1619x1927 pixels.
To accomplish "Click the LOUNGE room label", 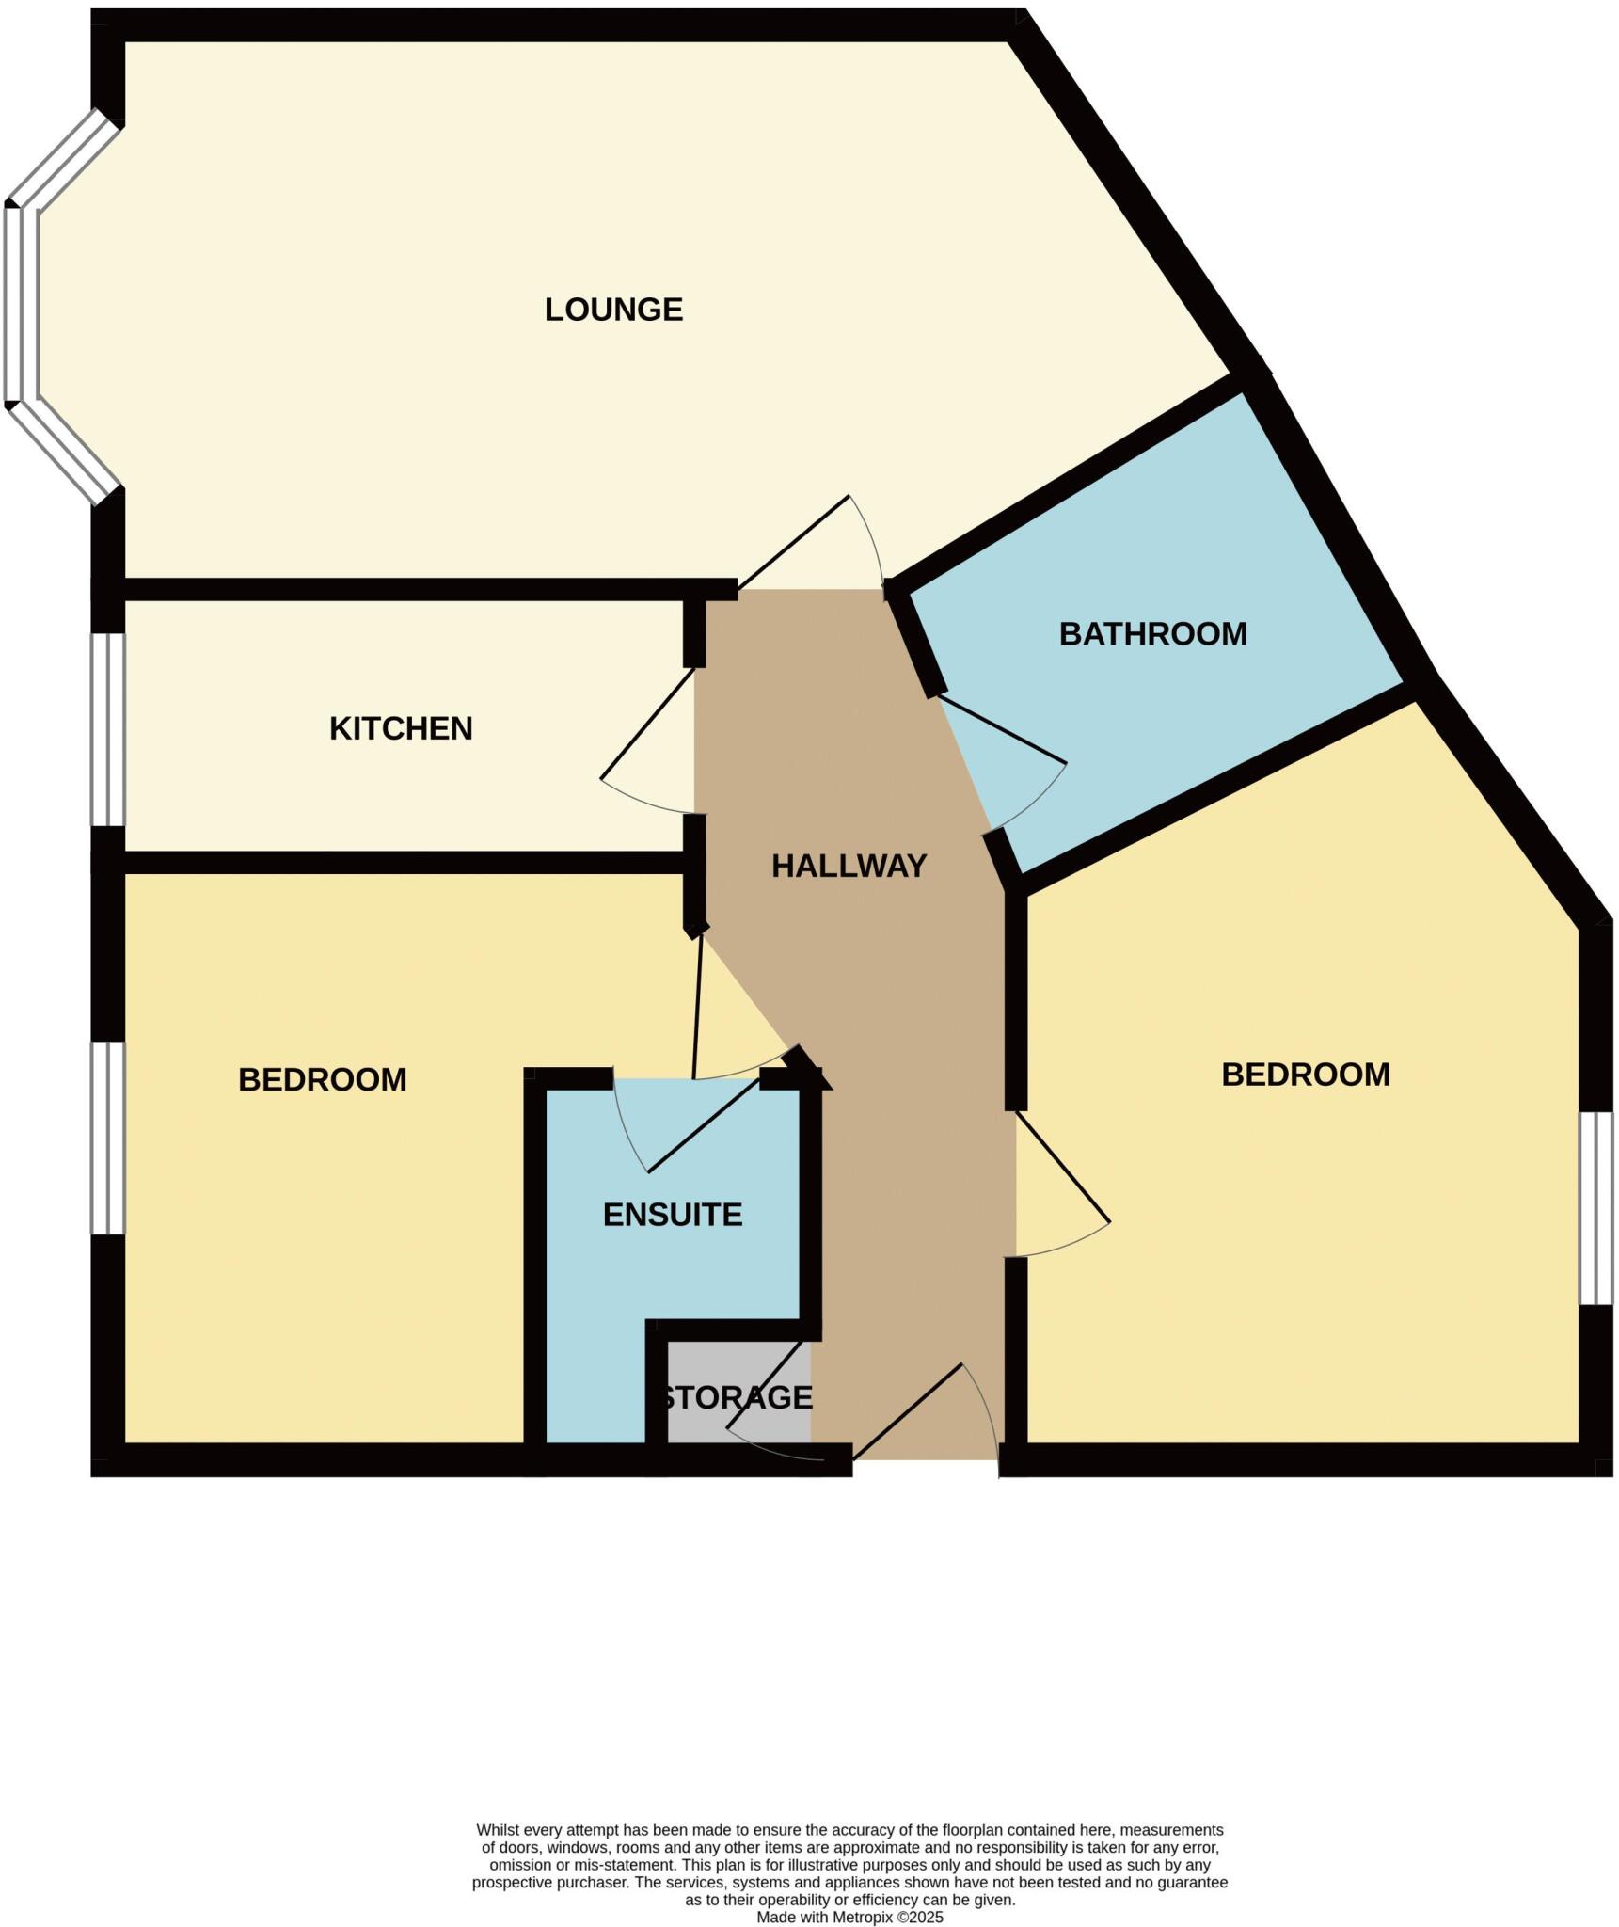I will click(x=613, y=310).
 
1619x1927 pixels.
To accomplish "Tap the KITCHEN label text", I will click(x=401, y=728).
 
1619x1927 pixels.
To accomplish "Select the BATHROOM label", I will click(x=1152, y=634).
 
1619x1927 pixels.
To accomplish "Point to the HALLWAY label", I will click(x=849, y=866).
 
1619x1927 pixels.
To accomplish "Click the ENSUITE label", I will click(x=673, y=1215).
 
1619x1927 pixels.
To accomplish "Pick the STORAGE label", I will click(x=737, y=1397).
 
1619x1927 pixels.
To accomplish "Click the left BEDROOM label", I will click(x=322, y=1079).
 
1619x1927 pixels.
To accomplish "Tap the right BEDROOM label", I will click(x=1305, y=1075).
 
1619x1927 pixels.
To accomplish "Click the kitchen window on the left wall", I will click(x=108, y=729).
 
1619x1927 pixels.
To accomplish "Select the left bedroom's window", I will click(x=108, y=1137).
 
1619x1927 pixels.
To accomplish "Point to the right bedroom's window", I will click(x=1595, y=1208).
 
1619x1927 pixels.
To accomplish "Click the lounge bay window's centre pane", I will click(x=22, y=304).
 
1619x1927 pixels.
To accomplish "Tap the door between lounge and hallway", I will click(x=793, y=543).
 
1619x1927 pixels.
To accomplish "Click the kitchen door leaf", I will click(x=647, y=723).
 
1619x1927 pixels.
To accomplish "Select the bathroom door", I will click(x=1003, y=729).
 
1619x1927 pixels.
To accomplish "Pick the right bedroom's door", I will click(x=1063, y=1168).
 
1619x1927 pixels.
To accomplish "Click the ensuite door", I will click(x=704, y=1125).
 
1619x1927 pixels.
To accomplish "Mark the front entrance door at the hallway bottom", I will click(x=907, y=1411).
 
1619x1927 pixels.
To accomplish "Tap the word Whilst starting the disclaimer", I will click(x=499, y=1830).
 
